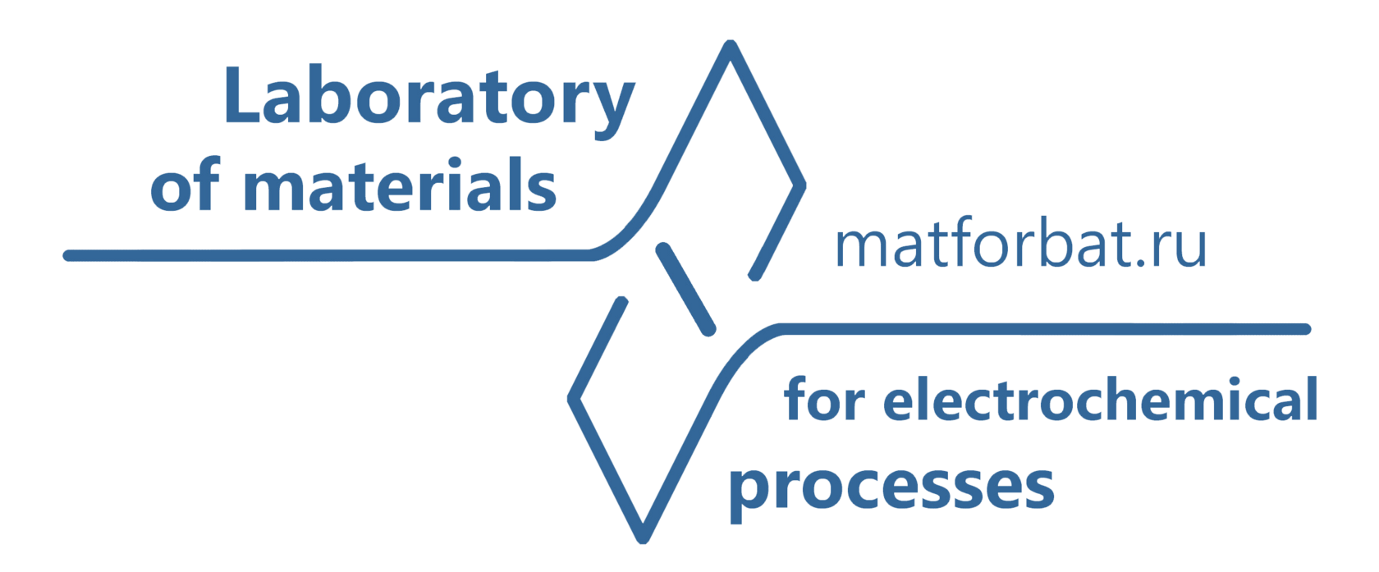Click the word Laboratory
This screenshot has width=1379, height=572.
click(428, 97)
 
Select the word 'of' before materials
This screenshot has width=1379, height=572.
click(186, 189)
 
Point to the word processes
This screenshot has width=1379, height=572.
click(891, 487)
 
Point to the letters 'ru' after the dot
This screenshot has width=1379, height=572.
click(1178, 249)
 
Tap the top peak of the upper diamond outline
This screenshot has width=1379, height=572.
click(728, 43)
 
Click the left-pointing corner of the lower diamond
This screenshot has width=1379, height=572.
click(572, 400)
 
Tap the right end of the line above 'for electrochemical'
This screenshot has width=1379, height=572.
click(1305, 329)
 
